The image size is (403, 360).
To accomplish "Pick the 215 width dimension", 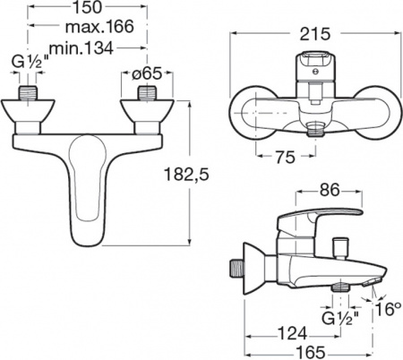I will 316,33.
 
